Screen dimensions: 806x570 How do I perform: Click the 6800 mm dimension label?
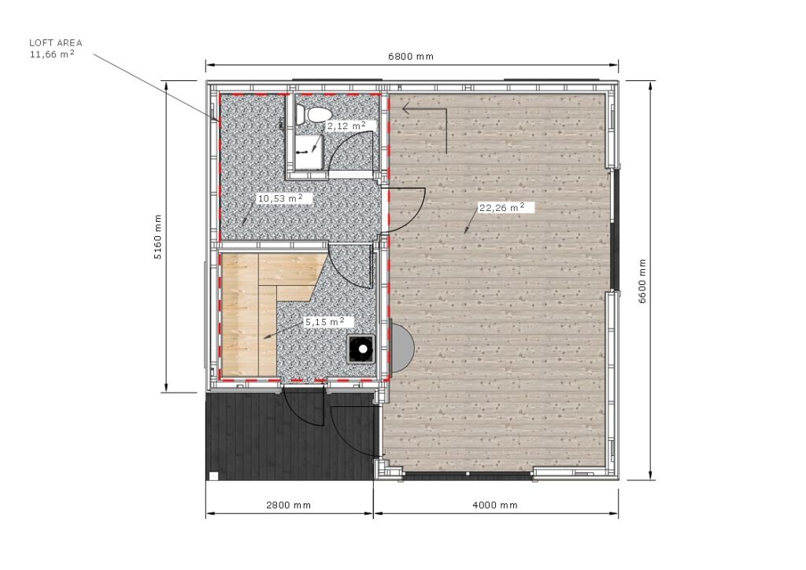click(410, 57)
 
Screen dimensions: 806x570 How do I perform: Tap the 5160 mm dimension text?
click(157, 236)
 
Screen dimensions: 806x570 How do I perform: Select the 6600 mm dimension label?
click(642, 281)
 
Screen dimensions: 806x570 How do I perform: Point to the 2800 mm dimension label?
click(288, 505)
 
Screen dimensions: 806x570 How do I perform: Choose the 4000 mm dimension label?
click(494, 505)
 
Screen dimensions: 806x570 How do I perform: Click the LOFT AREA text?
click(56, 43)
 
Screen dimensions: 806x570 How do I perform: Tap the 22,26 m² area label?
click(501, 208)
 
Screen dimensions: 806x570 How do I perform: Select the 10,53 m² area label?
click(279, 198)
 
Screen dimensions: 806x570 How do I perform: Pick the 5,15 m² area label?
click(324, 322)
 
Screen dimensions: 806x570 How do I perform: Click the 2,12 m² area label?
click(346, 125)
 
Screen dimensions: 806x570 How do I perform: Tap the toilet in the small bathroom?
click(313, 116)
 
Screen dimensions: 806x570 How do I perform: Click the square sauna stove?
click(362, 349)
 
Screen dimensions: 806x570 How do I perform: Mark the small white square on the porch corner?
click(213, 476)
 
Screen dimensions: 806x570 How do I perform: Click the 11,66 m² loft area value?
click(52, 54)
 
